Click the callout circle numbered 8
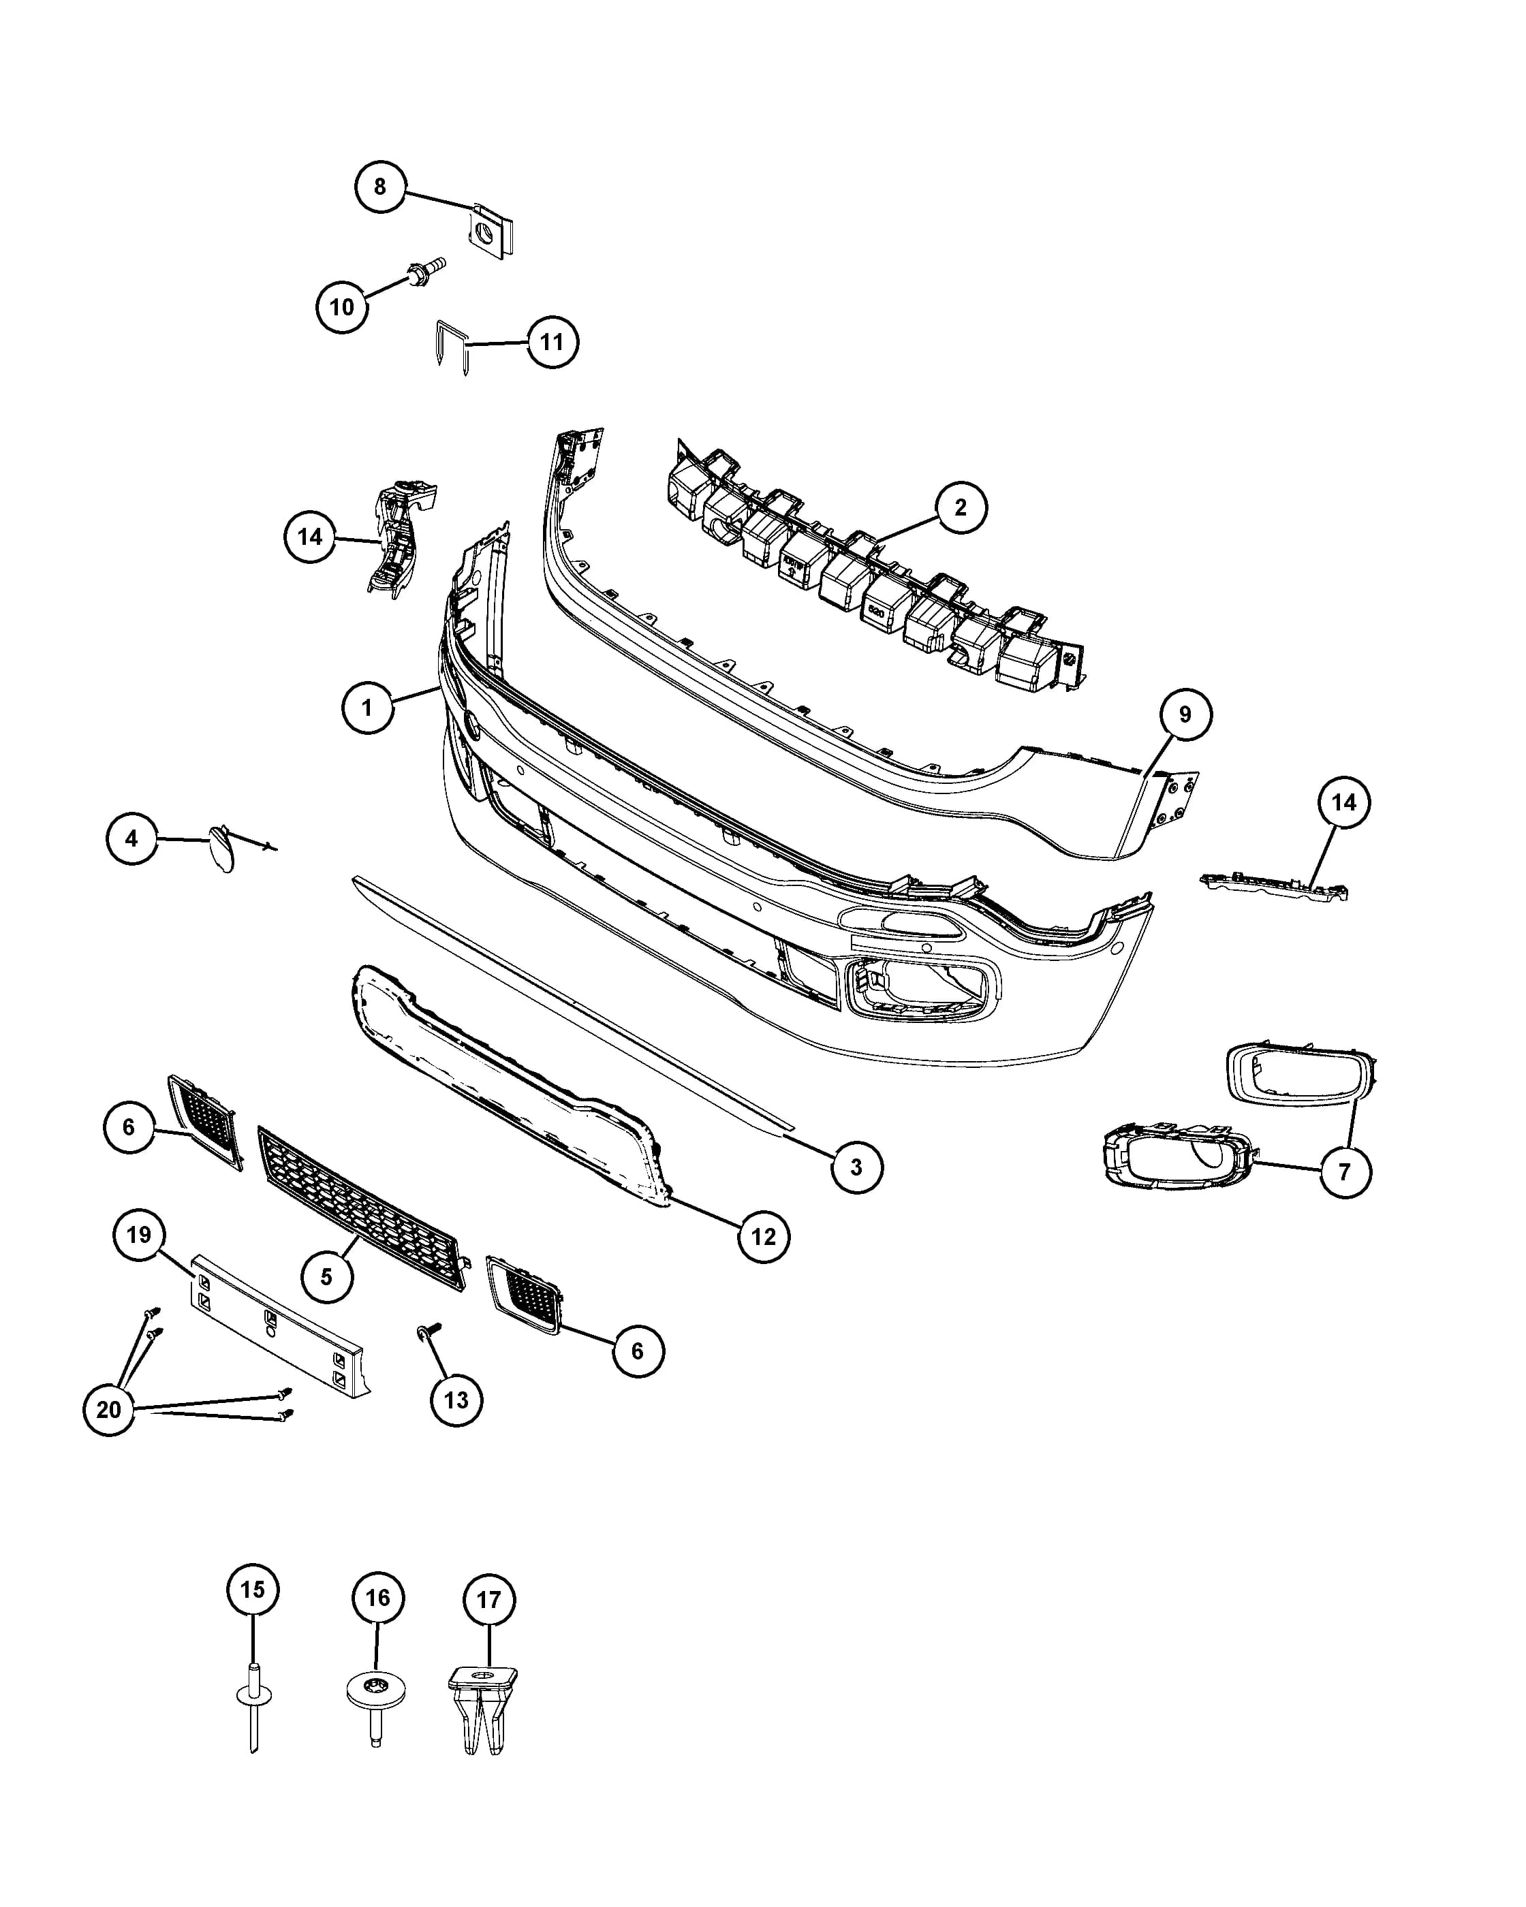[380, 187]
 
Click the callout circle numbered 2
[961, 507]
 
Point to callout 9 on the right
[1185, 714]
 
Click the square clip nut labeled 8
[490, 231]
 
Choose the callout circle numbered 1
[367, 708]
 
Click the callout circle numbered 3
[856, 1167]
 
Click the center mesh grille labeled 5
[361, 1208]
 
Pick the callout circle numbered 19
[139, 1235]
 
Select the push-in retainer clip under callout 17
[483, 1708]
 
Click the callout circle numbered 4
[131, 838]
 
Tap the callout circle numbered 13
[456, 1400]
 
